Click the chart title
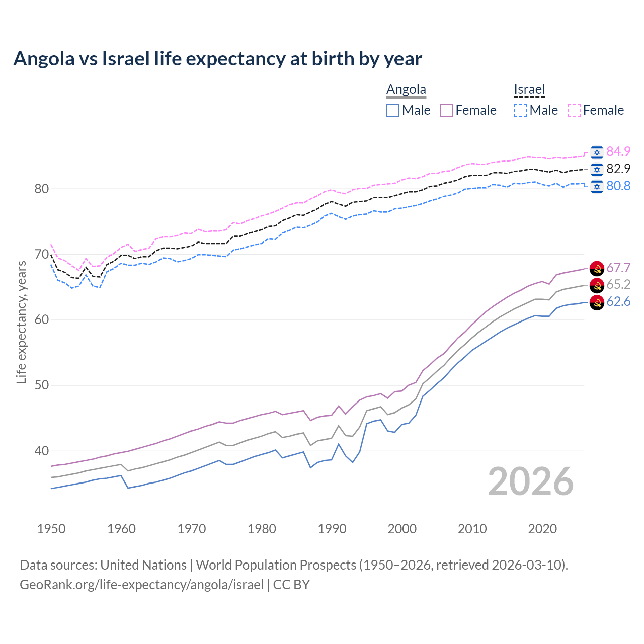click(x=217, y=59)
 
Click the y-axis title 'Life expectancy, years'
click(x=21, y=322)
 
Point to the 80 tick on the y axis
click(x=41, y=189)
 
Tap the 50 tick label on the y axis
click(x=41, y=385)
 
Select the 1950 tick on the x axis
click(x=51, y=529)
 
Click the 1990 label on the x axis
click(x=332, y=529)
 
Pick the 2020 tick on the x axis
click(x=542, y=529)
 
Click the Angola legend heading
click(x=406, y=90)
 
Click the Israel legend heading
click(x=529, y=90)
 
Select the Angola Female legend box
click(x=447, y=110)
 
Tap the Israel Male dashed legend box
click(x=520, y=110)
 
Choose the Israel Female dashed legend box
click(x=574, y=110)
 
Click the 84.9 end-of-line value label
click(x=618, y=151)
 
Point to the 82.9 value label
click(x=618, y=169)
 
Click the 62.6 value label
click(x=618, y=301)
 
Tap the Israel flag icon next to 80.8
click(x=597, y=186)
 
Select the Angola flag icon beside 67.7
click(x=597, y=268)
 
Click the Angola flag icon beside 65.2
click(x=597, y=285)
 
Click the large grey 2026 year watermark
click(x=530, y=481)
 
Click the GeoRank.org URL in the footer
click(x=141, y=585)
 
